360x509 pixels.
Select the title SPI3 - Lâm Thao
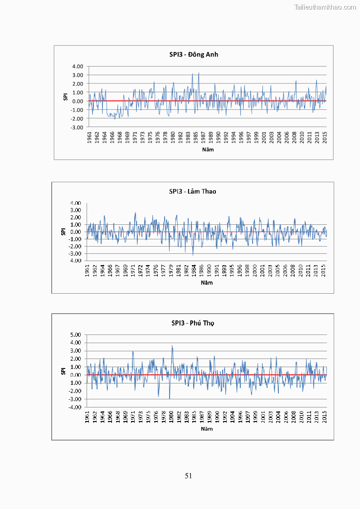[x=193, y=191]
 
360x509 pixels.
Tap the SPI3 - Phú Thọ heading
[x=193, y=323]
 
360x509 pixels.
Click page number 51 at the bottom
[x=189, y=475]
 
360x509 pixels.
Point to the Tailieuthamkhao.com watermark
[x=326, y=7]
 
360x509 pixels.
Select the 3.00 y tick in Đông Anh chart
[x=77, y=75]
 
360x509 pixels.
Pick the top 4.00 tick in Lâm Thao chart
[x=75, y=203]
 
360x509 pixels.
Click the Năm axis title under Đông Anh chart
[x=208, y=149]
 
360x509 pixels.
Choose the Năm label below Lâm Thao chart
[x=207, y=282]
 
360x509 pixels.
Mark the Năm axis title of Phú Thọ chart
[x=207, y=428]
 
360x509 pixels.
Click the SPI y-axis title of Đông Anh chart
[x=65, y=97]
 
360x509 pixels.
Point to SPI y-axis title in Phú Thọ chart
[x=63, y=371]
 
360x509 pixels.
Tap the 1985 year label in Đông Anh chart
[x=196, y=137]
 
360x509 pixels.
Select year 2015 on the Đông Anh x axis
[x=325, y=137]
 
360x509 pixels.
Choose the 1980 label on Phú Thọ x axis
[x=171, y=417]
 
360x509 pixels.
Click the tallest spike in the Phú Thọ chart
[x=172, y=346]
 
